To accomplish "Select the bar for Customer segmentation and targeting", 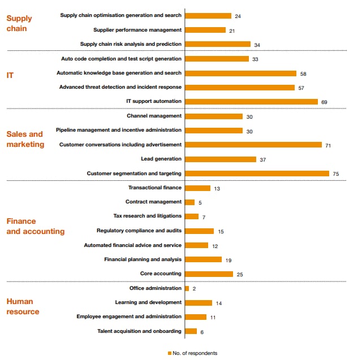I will (x=257, y=174).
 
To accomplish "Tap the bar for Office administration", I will (x=187, y=288).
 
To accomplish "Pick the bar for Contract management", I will (x=189, y=202).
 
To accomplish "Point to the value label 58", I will (x=304, y=73).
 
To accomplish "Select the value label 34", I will (x=257, y=45).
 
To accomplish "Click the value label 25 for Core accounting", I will (x=240, y=274).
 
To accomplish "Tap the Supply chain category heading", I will (x=19, y=23).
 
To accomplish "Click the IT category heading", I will (x=10, y=74).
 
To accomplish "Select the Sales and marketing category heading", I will (x=25, y=139).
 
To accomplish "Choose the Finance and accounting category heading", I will (x=35, y=226).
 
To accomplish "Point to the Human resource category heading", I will (x=23, y=306).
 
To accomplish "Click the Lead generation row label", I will (x=161, y=159).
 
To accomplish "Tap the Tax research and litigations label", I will (x=148, y=216).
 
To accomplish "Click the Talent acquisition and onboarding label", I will (x=139, y=331).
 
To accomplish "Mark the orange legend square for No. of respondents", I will (x=169, y=353).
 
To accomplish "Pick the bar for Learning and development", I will (x=199, y=303).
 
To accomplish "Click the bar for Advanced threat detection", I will (x=240, y=88).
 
